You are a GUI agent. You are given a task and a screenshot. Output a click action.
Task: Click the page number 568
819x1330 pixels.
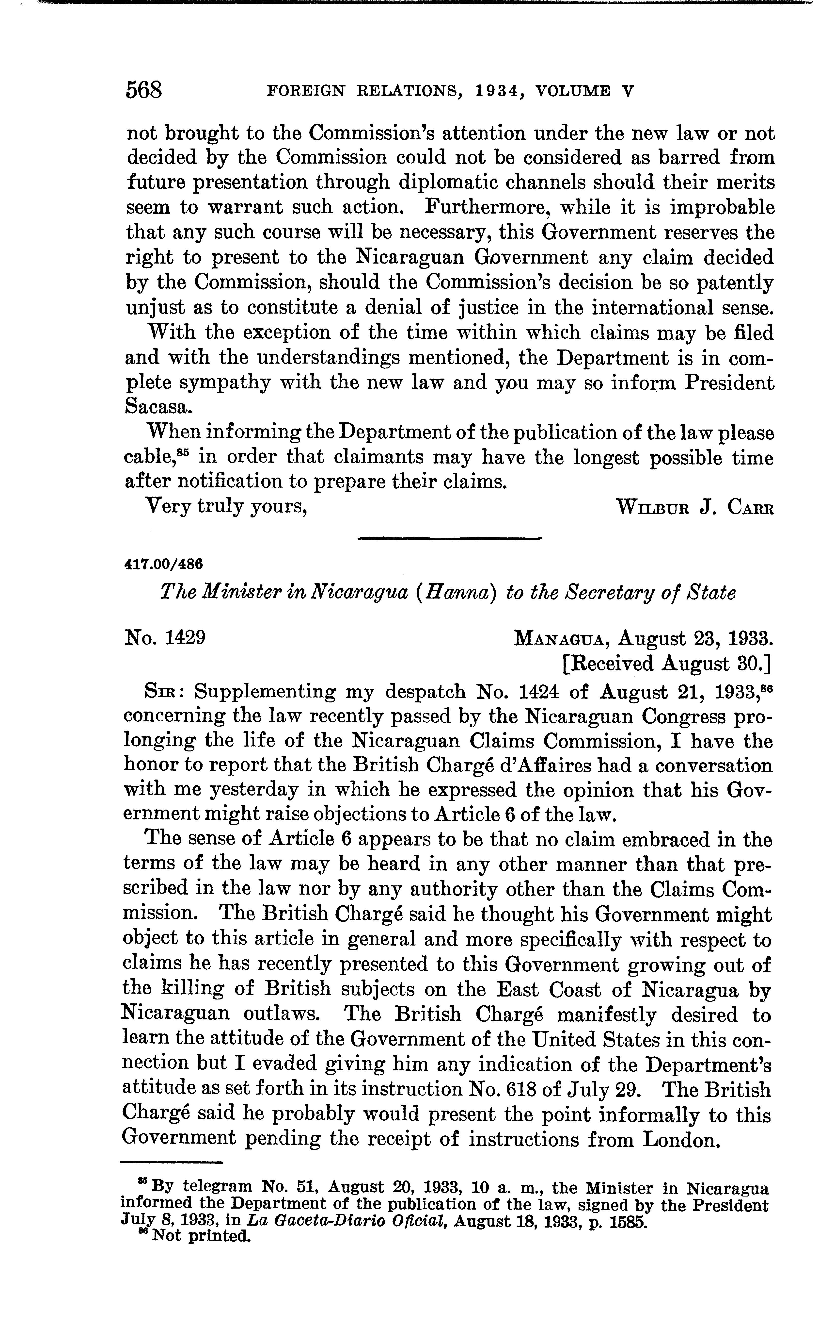(x=144, y=89)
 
